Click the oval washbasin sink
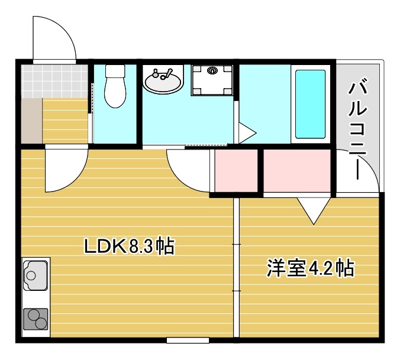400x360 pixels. (163, 82)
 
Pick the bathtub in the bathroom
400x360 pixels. (310, 104)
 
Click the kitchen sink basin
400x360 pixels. (35, 275)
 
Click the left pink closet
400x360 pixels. (237, 171)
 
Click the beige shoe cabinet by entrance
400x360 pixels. (31, 121)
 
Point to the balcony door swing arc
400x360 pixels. (358, 171)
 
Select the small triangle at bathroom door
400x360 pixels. (246, 131)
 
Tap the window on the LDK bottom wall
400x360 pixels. (188, 340)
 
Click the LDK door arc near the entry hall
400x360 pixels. (65, 170)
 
